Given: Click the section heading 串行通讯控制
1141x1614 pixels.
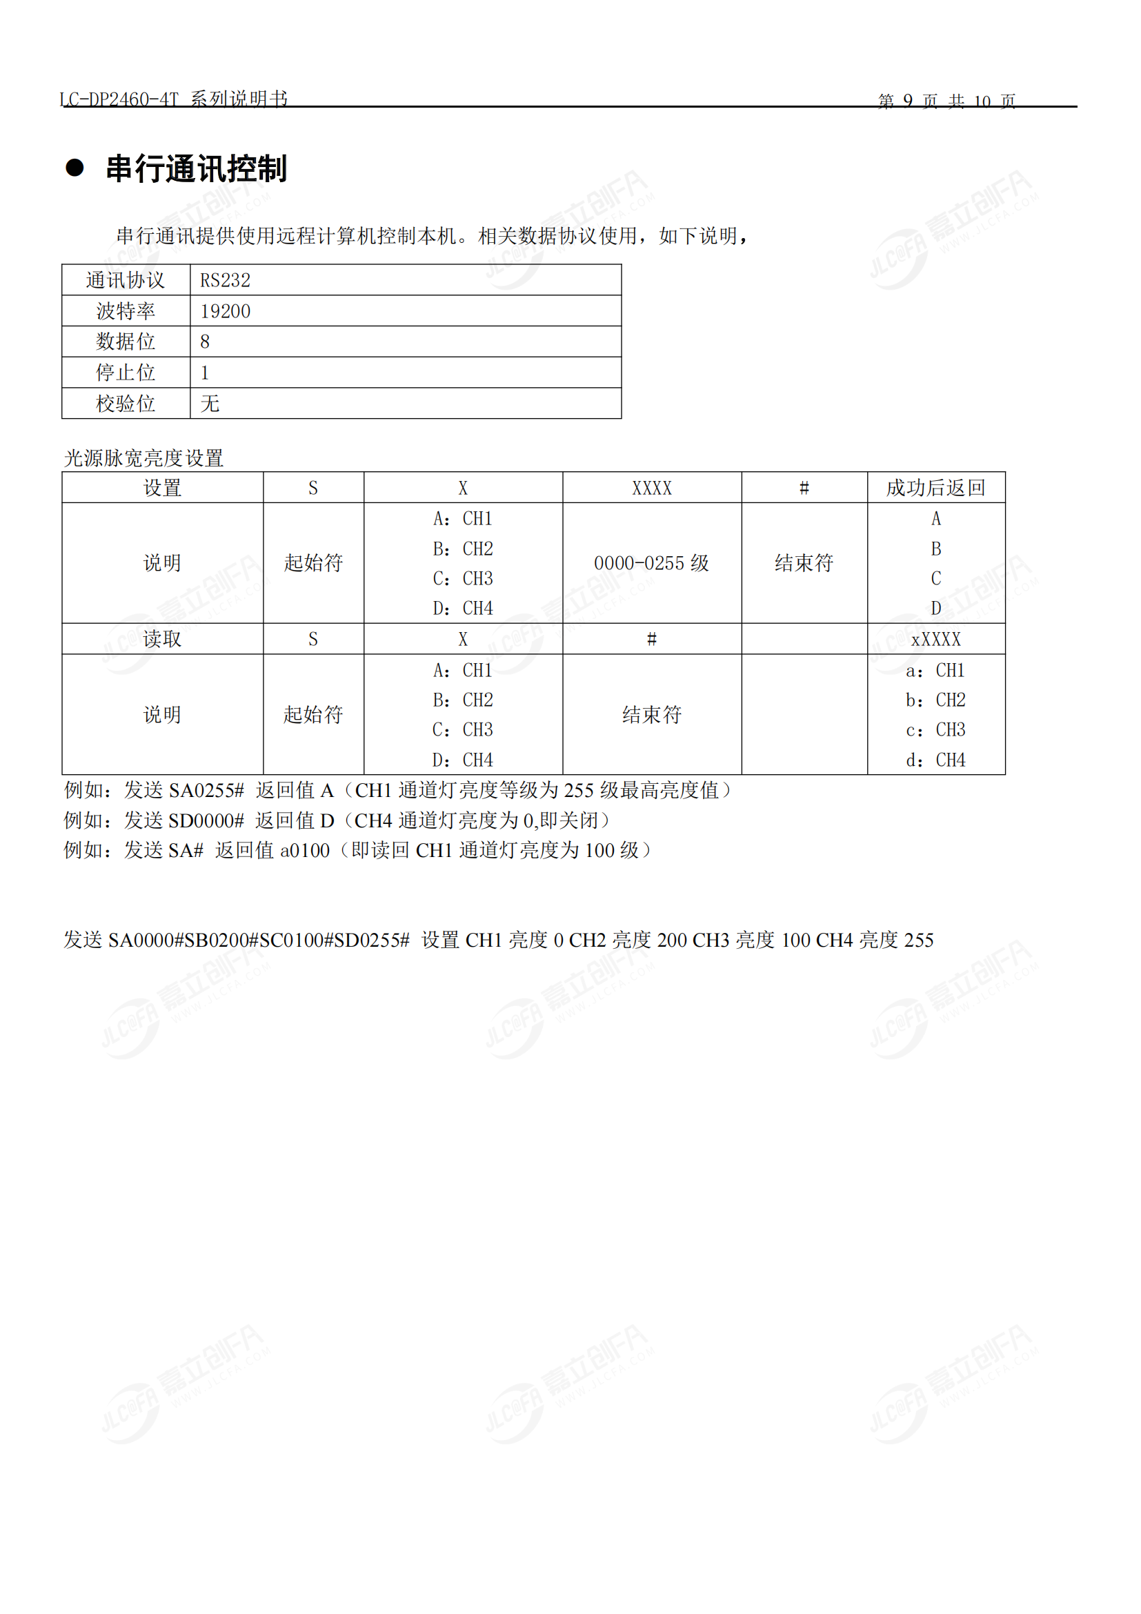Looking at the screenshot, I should (x=196, y=168).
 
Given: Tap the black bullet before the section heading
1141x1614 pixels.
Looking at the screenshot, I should (x=75, y=168).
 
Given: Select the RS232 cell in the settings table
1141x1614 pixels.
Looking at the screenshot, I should (x=225, y=280).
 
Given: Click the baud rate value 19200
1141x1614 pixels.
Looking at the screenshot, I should (x=225, y=311).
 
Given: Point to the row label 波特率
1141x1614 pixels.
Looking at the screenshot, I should (x=126, y=311).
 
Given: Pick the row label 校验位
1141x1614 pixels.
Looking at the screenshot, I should (x=126, y=404).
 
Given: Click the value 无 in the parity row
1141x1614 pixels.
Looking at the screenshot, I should (x=210, y=404).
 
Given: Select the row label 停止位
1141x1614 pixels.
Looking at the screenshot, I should (x=126, y=373).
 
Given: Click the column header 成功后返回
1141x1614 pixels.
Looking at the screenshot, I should (x=935, y=488).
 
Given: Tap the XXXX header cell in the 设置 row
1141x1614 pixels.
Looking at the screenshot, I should (x=651, y=488).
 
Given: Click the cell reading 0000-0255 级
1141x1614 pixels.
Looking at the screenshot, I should (x=651, y=563).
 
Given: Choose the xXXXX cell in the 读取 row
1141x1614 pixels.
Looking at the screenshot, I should (x=935, y=639).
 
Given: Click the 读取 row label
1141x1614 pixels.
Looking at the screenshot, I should (x=162, y=639).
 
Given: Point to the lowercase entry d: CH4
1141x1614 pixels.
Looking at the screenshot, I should (x=935, y=760).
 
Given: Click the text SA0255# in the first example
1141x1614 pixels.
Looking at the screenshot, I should (x=206, y=791).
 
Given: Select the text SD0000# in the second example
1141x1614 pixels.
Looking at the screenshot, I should (x=206, y=820).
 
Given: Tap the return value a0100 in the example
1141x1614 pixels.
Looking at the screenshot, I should (x=305, y=851).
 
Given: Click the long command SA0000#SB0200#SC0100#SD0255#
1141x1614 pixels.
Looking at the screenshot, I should (x=259, y=940).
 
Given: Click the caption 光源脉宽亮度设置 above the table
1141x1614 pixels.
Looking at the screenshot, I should (x=144, y=458).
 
